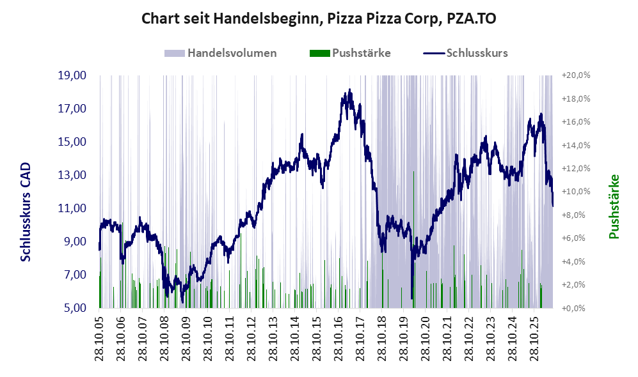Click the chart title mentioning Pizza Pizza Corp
click(319, 19)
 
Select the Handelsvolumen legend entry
click(220, 53)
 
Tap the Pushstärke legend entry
click(350, 53)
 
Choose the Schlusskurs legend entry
click(465, 53)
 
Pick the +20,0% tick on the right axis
click(576, 75)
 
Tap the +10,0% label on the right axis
click(576, 192)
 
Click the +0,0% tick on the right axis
click(574, 308)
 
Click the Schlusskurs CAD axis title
click(25, 212)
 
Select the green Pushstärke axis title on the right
click(614, 206)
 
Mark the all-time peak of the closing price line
click(349, 89)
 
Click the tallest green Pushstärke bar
click(413, 240)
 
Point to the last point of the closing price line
click(552, 206)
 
